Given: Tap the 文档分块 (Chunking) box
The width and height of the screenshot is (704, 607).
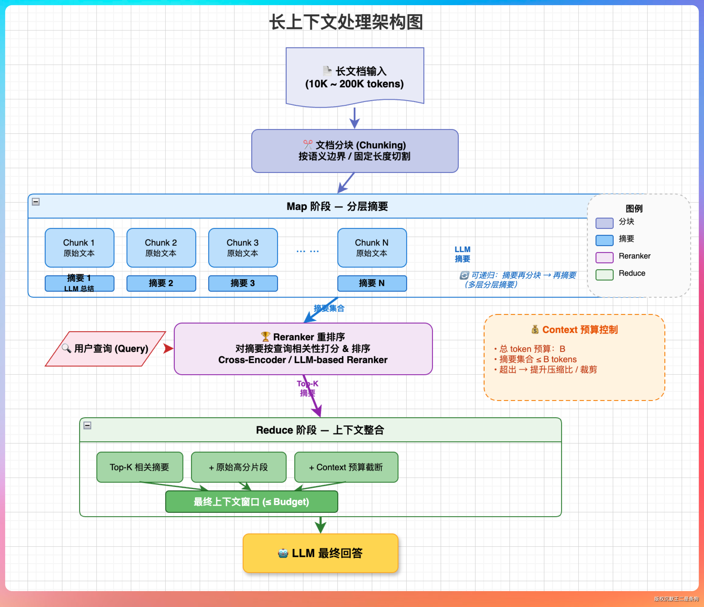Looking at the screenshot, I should [x=355, y=151].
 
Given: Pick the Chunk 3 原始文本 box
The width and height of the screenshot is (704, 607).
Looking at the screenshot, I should [x=243, y=248].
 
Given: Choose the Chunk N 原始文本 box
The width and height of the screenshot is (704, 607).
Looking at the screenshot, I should [x=372, y=248].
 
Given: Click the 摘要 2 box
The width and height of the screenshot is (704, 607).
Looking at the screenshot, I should [x=161, y=283].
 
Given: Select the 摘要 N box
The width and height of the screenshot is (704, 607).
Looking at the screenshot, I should [x=372, y=283].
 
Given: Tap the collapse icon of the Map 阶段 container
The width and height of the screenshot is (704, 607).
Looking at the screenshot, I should [x=36, y=202].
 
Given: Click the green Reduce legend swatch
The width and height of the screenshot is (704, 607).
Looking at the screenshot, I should [x=604, y=274].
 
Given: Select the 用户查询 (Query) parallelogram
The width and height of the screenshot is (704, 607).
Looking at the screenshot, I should [x=106, y=349].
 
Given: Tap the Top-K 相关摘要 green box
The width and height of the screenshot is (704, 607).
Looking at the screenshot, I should [x=140, y=467].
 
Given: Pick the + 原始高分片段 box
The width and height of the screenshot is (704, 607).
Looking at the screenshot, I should [x=239, y=467].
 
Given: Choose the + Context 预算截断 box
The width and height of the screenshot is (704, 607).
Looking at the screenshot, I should [x=346, y=467].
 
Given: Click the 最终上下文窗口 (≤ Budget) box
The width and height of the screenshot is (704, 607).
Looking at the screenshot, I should [x=252, y=502].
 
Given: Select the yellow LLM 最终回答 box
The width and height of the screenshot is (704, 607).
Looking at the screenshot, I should [x=320, y=553].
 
